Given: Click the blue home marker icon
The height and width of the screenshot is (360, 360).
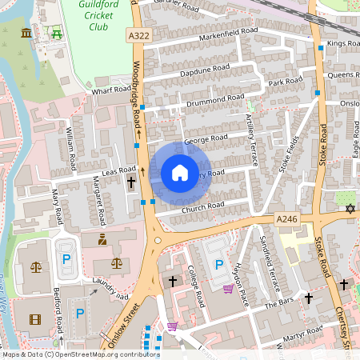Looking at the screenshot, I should (180, 173).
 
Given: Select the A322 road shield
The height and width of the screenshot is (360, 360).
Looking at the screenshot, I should (138, 36).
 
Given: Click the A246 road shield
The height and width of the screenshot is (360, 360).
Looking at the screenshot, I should (287, 219).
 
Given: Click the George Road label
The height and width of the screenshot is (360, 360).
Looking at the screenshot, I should (206, 138).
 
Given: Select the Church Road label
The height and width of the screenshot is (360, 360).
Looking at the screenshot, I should (203, 206).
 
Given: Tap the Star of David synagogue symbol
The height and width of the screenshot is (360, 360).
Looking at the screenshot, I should (350, 209).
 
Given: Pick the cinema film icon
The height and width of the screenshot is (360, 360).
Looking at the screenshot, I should (34, 319).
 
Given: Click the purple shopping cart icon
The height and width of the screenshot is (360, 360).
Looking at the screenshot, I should (227, 289).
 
